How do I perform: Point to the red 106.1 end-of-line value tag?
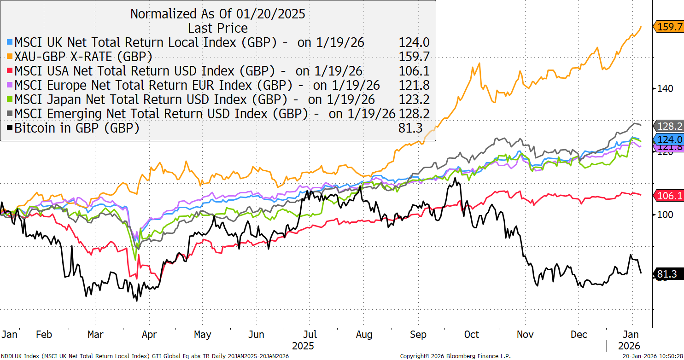click(x=669, y=196)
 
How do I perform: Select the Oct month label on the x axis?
click(x=471, y=335)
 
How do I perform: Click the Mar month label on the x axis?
click(x=95, y=335)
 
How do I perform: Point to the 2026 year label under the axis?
click(x=629, y=345)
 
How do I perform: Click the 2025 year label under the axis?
click(x=303, y=345)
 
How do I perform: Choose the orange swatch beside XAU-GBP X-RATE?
click(x=10, y=57)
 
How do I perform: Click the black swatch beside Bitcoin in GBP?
click(x=10, y=128)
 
